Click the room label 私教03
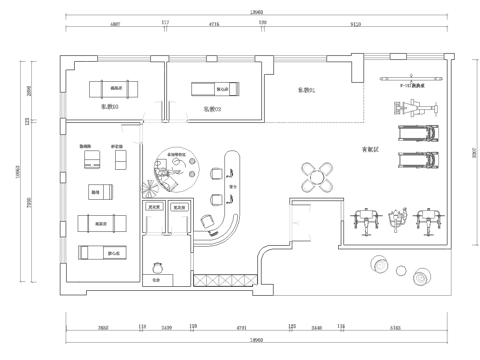click(x=110, y=104)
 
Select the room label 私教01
click(x=305, y=91)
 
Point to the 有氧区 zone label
click(x=370, y=151)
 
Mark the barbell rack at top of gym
click(x=407, y=75)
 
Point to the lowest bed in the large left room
click(x=98, y=253)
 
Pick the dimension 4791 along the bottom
click(x=240, y=326)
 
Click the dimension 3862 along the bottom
click(x=103, y=326)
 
